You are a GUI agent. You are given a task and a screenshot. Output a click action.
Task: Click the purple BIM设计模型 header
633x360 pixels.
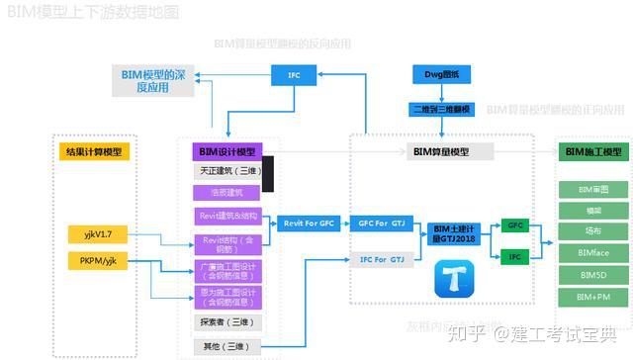pyautogui.click(x=226, y=151)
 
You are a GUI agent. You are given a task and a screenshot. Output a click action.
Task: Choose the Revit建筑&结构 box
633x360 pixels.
pyautogui.click(x=229, y=217)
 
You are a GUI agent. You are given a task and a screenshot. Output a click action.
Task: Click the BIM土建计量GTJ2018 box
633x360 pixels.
pyautogui.click(x=454, y=233)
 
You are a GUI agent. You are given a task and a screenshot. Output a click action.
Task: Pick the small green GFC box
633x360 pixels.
pyautogui.click(x=515, y=225)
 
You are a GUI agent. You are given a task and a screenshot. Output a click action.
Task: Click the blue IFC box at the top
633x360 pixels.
pyautogui.click(x=294, y=74)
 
